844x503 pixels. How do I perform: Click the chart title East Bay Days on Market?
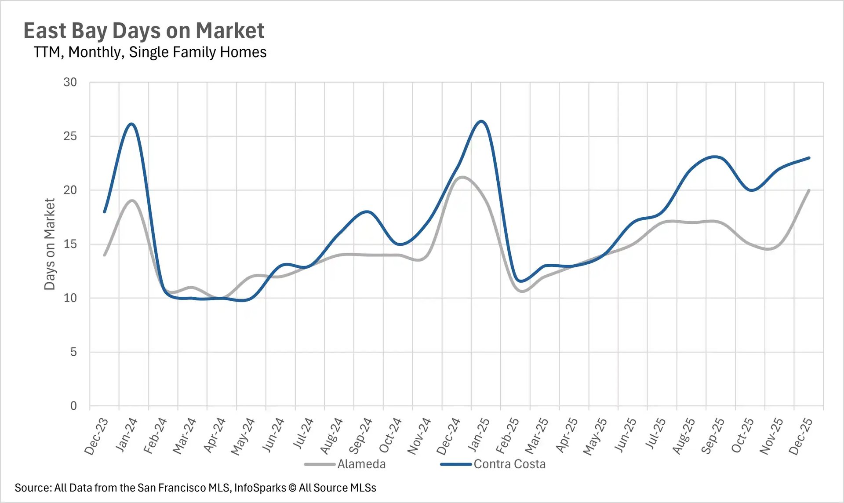[144, 31]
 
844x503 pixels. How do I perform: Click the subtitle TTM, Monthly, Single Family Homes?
[150, 52]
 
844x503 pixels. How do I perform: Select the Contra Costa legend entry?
[509, 464]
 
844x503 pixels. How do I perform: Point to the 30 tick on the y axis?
[70, 82]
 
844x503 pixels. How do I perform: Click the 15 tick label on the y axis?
[70, 244]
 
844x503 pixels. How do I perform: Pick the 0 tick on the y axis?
[73, 406]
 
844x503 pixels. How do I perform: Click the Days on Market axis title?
[50, 244]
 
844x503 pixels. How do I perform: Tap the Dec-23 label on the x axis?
[96, 436]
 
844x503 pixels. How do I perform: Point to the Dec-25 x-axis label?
[801, 436]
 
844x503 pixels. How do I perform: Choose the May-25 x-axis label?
[595, 436]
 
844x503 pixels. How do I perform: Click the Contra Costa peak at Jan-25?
[482, 121]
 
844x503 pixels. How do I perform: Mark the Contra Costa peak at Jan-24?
[131, 124]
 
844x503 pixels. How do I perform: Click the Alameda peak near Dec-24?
[462, 177]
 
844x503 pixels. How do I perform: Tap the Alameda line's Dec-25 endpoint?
[809, 190]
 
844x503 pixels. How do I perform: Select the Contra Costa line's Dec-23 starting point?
[105, 212]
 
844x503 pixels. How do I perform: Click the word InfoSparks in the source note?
[260, 488]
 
